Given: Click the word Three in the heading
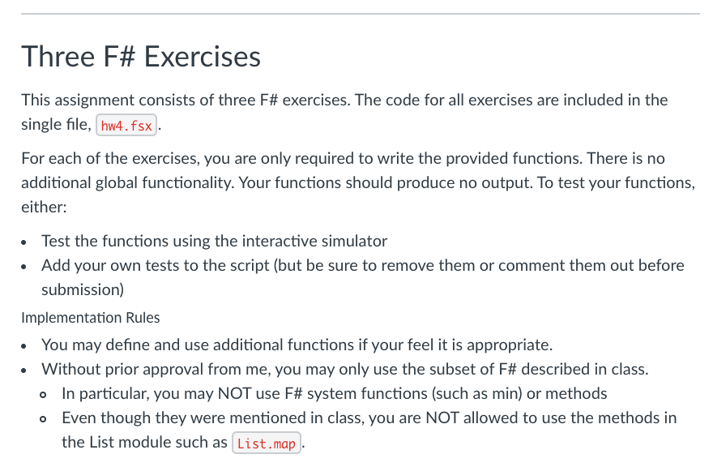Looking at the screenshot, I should click(x=54, y=57).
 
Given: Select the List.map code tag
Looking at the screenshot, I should click(x=267, y=444).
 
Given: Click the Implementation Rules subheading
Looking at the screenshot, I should click(x=90, y=317).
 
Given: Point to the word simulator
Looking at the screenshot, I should click(x=354, y=241).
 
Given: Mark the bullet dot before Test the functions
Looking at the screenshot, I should click(x=27, y=242).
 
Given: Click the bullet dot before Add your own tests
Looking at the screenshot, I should click(x=27, y=266).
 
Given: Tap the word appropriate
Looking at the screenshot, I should click(x=510, y=345).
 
